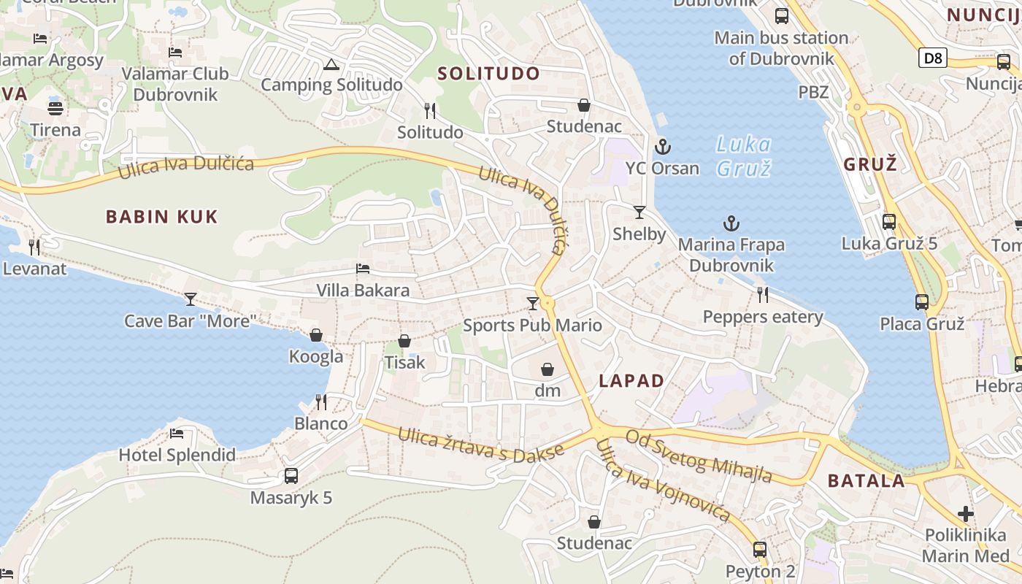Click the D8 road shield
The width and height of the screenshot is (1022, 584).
[932, 58]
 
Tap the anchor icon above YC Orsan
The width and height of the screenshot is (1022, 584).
[662, 147]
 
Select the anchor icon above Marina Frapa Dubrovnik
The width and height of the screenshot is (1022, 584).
[731, 223]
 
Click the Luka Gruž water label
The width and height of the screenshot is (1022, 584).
[743, 156]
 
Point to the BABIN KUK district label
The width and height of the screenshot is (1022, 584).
[162, 217]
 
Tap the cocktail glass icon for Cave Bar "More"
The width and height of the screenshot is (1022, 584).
[191, 299]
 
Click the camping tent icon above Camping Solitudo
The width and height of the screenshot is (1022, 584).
[331, 64]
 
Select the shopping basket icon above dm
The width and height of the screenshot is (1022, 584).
[547, 369]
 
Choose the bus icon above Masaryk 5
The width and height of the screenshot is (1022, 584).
[291, 476]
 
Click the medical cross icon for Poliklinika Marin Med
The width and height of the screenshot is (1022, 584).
[966, 514]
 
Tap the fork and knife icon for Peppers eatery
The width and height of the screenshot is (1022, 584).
[763, 294]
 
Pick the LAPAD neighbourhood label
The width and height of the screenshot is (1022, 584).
[631, 381]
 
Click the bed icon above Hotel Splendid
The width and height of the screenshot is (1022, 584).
[177, 434]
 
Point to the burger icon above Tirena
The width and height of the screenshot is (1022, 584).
[55, 109]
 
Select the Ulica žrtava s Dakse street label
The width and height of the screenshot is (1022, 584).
[481, 445]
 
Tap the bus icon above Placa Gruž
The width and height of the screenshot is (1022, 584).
[922, 301]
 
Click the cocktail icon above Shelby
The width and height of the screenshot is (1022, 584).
[639, 212]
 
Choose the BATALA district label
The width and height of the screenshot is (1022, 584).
[867, 481]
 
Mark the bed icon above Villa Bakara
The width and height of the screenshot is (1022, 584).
[363, 269]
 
